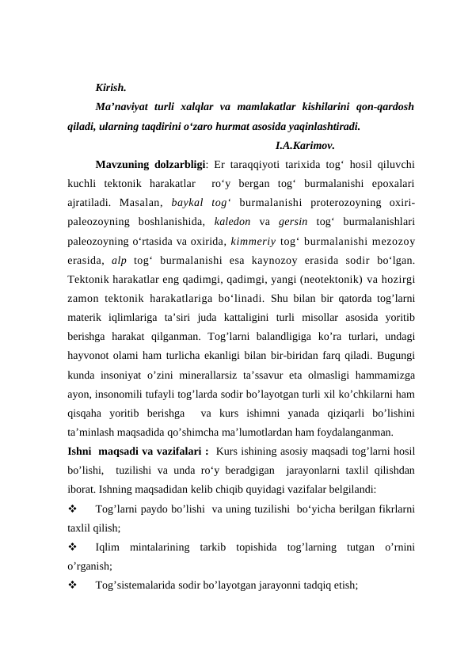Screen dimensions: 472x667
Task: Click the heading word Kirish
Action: coord(110,87)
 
